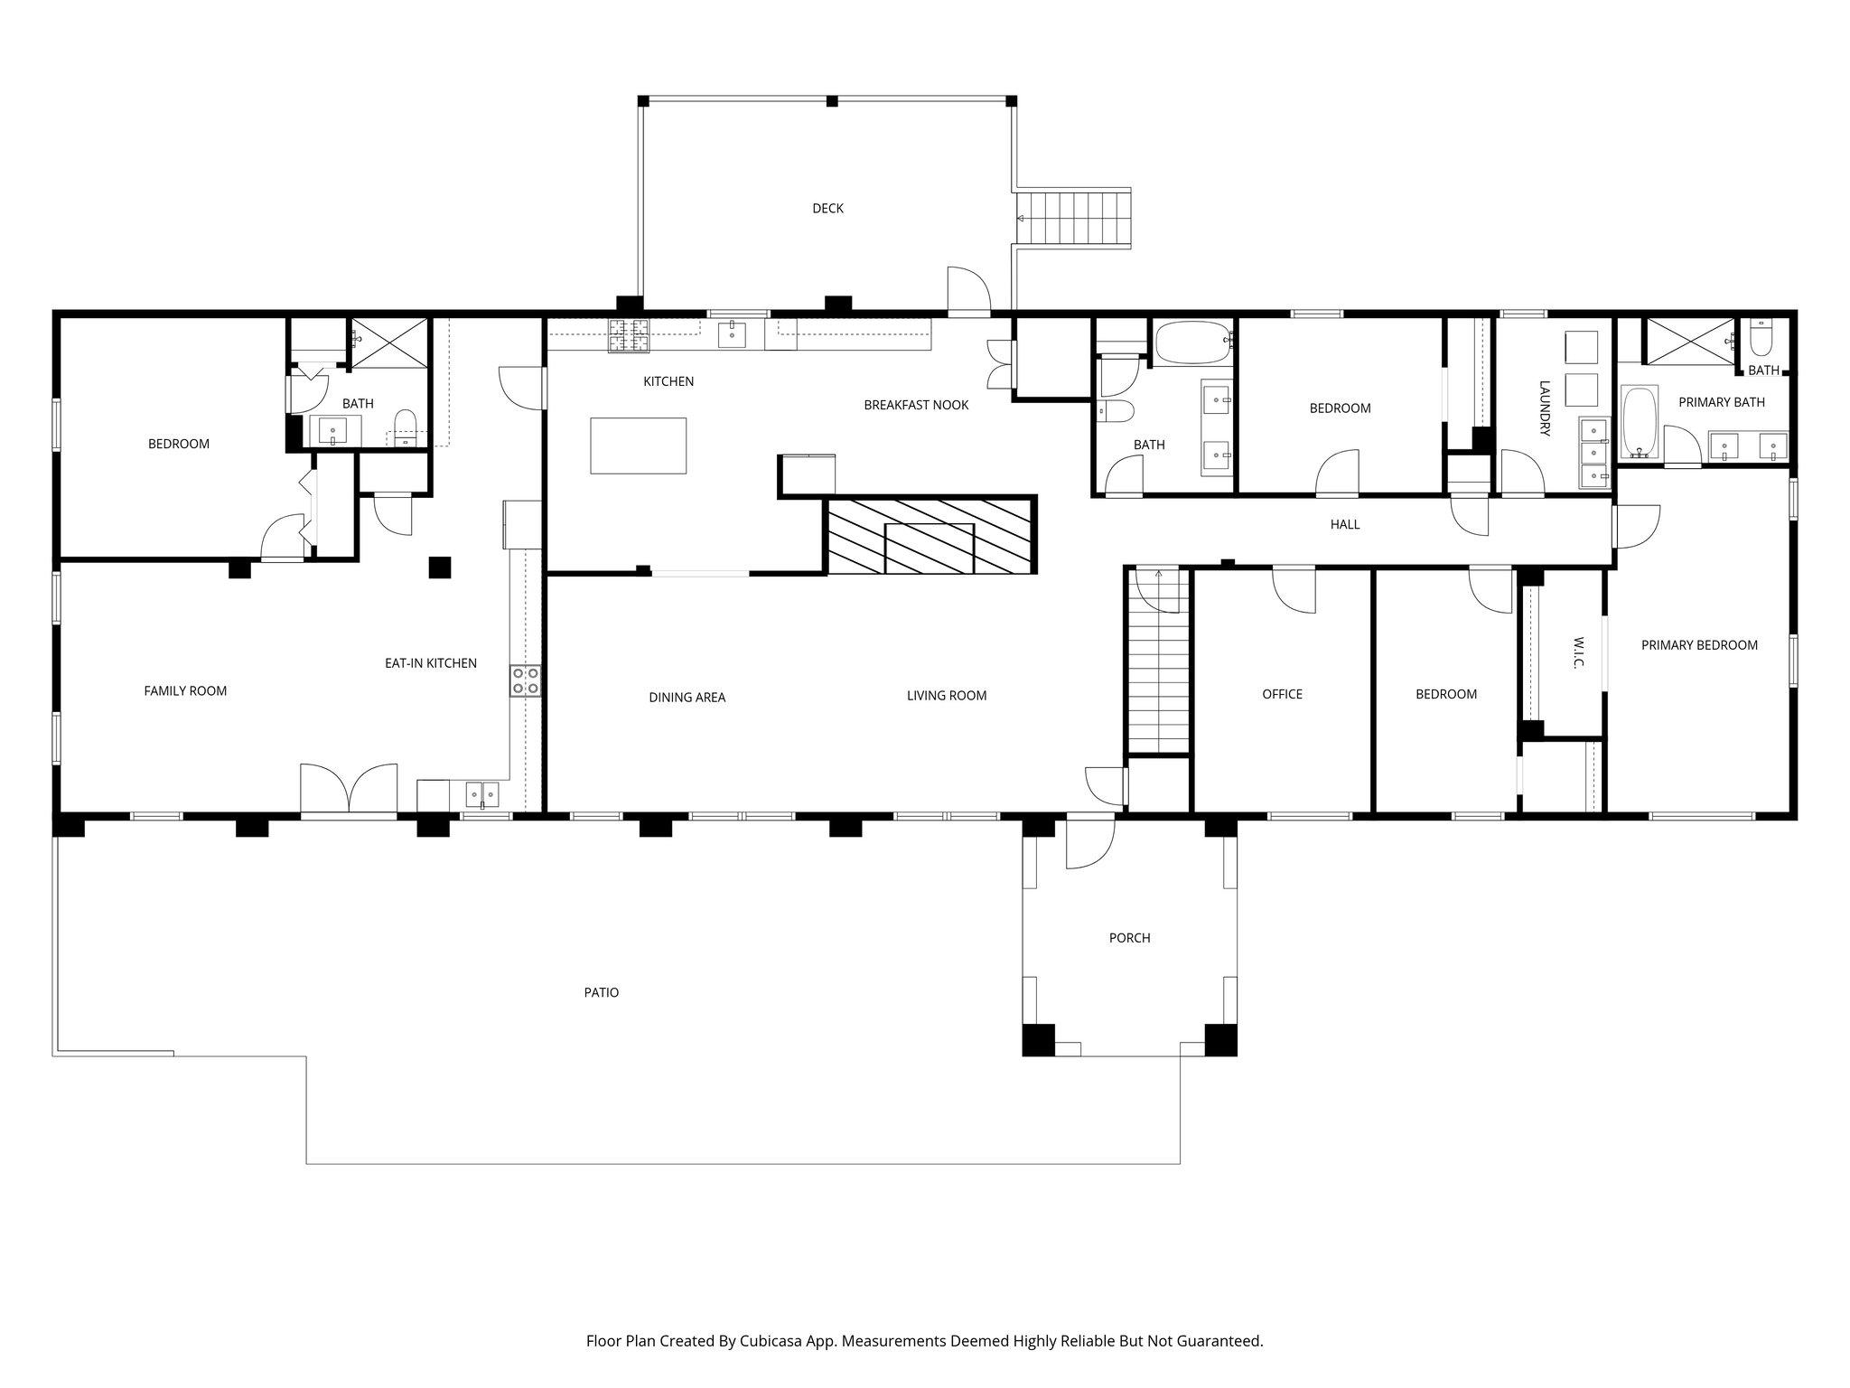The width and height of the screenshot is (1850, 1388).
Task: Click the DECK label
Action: (x=827, y=209)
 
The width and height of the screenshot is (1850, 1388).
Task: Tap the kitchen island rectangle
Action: (x=638, y=445)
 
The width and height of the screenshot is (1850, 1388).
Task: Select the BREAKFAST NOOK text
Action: (x=916, y=405)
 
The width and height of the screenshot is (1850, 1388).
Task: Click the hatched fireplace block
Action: (x=930, y=534)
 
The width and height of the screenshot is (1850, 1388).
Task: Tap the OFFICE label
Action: (x=1282, y=694)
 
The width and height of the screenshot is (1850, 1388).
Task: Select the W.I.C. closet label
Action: (x=1578, y=652)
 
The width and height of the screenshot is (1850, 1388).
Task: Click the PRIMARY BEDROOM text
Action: (x=1699, y=645)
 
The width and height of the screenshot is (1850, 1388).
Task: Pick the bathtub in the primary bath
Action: (x=1640, y=421)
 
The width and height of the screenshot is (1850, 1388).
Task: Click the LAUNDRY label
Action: (x=1544, y=408)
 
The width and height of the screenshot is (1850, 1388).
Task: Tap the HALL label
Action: (x=1345, y=524)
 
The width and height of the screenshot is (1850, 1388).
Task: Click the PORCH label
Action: (x=1129, y=938)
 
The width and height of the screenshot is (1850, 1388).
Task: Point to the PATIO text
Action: (x=601, y=992)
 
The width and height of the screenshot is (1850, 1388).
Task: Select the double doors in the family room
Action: (x=349, y=790)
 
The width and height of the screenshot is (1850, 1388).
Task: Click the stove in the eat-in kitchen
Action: (x=525, y=680)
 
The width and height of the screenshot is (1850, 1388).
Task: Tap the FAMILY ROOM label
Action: (x=185, y=691)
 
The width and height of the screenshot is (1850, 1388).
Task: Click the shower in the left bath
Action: (x=389, y=342)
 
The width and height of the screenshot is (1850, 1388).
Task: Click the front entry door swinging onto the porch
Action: (x=1089, y=840)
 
